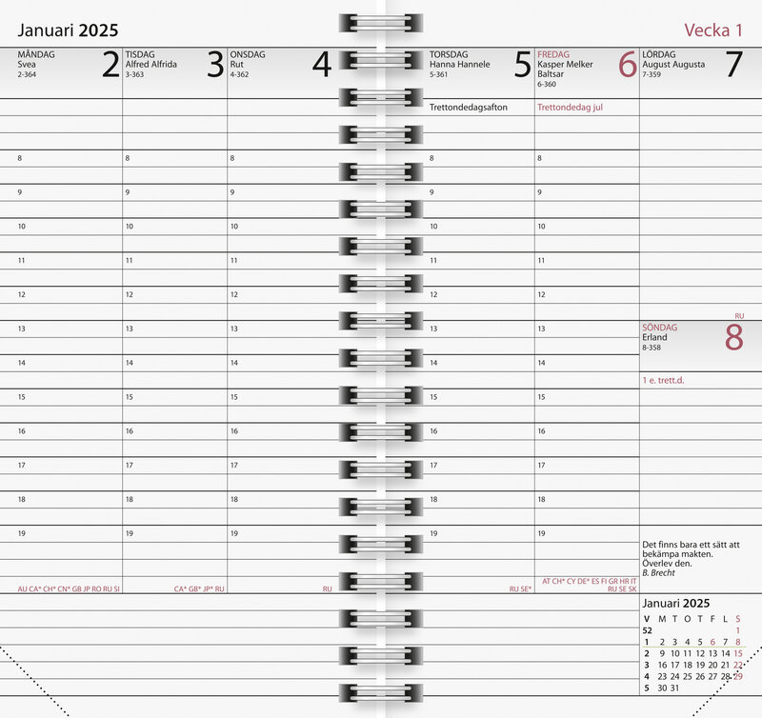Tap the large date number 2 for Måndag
pos(110,65)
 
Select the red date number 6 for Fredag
pos(627,65)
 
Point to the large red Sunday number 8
pos(732,338)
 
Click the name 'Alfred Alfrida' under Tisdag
pos(150,65)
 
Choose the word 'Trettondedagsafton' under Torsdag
pos(469,108)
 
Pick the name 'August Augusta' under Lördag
pos(673,65)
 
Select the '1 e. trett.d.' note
pos(664,381)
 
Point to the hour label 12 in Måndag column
pos(21,294)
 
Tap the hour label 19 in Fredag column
pos(541,534)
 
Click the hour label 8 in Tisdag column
pos(127,158)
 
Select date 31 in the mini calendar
pos(675,688)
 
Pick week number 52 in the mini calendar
pos(647,630)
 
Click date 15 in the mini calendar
pos(737,653)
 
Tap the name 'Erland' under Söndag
pos(654,337)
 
